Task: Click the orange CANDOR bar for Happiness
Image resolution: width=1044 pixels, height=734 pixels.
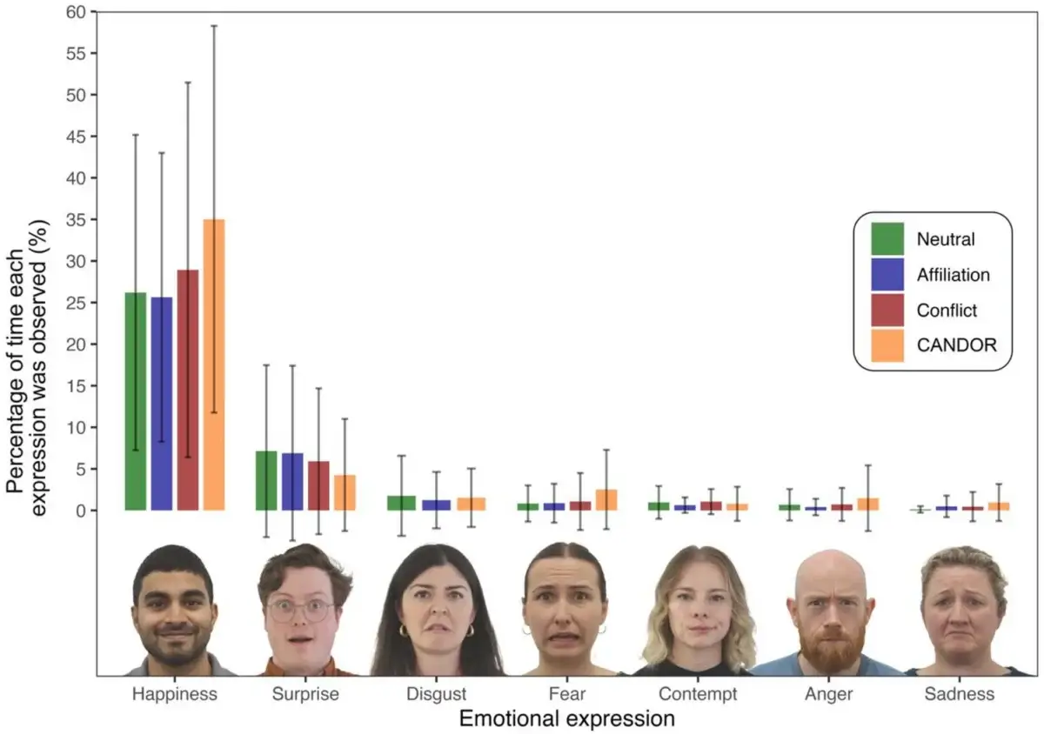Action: tap(214, 364)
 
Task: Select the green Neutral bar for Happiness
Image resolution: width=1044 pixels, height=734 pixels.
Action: tap(136, 401)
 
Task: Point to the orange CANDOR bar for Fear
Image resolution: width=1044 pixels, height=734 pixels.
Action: tap(606, 500)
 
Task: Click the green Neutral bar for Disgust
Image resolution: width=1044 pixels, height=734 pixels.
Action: tap(401, 503)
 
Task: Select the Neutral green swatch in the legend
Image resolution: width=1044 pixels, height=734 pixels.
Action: tap(887, 239)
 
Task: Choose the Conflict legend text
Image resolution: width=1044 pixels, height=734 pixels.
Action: tap(947, 310)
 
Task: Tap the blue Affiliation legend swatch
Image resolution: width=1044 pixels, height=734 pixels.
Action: tap(887, 275)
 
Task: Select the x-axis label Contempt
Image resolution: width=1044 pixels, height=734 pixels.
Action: tap(698, 694)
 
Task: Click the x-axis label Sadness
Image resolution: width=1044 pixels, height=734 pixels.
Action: tap(959, 694)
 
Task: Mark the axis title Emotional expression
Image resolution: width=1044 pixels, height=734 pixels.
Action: tap(566, 719)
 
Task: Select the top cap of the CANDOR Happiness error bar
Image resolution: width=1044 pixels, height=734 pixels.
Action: tap(214, 26)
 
